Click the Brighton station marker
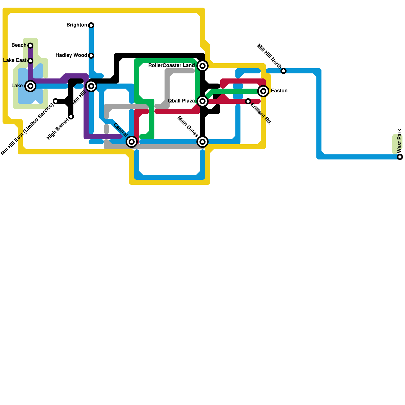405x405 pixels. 91,25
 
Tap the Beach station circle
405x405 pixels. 30,46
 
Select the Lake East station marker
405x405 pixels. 30,61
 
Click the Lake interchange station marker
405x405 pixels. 30,86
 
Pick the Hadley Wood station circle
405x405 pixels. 91,56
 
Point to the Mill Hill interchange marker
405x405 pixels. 91,86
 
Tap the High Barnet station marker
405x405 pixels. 71,116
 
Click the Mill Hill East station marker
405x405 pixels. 56,101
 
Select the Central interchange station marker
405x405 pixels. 132,142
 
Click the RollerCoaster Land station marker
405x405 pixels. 202,66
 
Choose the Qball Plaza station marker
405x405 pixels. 202,101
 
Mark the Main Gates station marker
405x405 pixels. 202,142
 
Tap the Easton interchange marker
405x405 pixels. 263,91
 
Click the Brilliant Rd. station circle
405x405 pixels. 248,101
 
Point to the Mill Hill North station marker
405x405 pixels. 283,71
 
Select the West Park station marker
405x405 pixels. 400,157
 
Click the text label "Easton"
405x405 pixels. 279,91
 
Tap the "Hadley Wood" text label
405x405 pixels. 71,55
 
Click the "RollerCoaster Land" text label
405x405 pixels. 171,65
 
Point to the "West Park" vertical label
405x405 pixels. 400,141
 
